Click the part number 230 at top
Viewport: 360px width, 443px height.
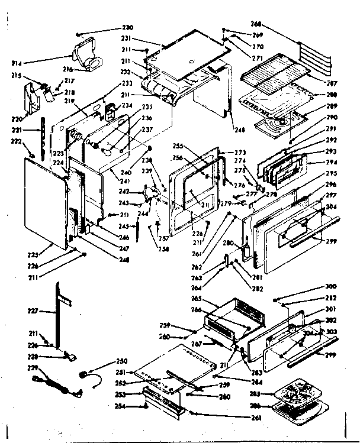[128, 27]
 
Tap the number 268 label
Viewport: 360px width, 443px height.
[256, 24]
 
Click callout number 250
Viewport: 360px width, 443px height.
[121, 361]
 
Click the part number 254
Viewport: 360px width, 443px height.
[120, 406]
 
